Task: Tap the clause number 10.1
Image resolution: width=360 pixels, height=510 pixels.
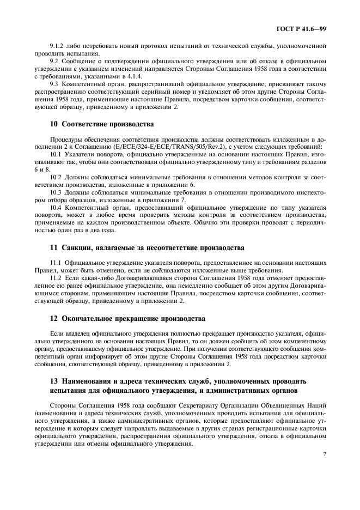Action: [x=56, y=154]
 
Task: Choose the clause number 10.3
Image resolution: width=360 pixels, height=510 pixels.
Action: [x=56, y=192]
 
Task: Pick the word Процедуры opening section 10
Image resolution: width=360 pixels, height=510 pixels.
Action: [x=68, y=139]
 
